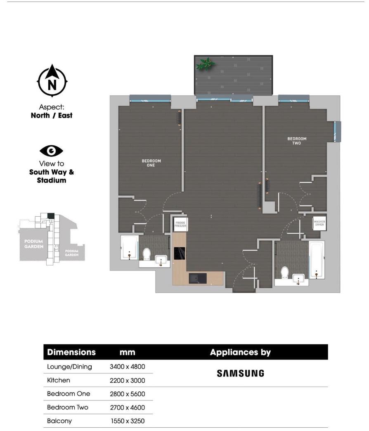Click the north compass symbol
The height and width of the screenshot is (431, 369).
click(x=52, y=81)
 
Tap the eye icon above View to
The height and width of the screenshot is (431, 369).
click(x=51, y=151)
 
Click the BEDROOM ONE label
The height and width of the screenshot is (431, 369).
click(x=151, y=163)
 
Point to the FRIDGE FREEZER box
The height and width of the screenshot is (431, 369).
click(x=180, y=224)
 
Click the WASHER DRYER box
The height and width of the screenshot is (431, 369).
click(x=319, y=223)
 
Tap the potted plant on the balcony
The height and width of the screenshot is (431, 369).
click(x=205, y=64)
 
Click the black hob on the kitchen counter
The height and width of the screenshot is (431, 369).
click(x=180, y=253)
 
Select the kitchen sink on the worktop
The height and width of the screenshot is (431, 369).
click(x=198, y=278)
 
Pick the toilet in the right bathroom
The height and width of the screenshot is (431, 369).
click(x=284, y=273)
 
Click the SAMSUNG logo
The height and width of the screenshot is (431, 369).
click(x=240, y=373)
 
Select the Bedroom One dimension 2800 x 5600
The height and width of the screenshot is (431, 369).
click(x=127, y=394)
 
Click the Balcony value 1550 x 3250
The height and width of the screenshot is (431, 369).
click(x=127, y=421)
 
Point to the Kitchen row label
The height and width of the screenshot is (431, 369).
click(x=59, y=380)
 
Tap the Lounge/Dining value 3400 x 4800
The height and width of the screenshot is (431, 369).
click(x=127, y=367)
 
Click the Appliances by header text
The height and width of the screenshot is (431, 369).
click(x=240, y=353)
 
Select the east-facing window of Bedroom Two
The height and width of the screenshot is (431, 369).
click(x=338, y=131)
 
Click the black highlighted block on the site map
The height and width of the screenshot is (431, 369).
click(x=51, y=215)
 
